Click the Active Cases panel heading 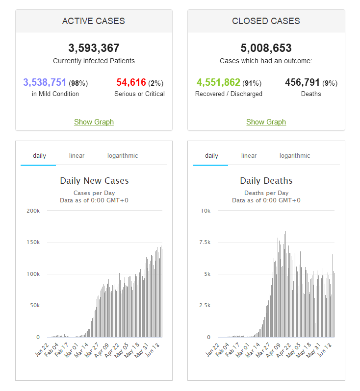pyautogui.click(x=94, y=21)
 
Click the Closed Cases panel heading pyautogui.click(x=266, y=21)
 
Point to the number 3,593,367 pyautogui.click(x=94, y=48)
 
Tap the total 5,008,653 pyautogui.click(x=266, y=48)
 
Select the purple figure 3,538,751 pyautogui.click(x=45, y=82)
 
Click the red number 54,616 pyautogui.click(x=131, y=82)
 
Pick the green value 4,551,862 pyautogui.click(x=218, y=82)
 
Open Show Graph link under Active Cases pyautogui.click(x=94, y=122)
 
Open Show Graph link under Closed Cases pyautogui.click(x=266, y=122)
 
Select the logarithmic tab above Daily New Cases pyautogui.click(x=123, y=156)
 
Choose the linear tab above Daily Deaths pyautogui.click(x=249, y=156)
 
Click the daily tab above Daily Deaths pyautogui.click(x=211, y=156)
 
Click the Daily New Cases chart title pyautogui.click(x=94, y=181)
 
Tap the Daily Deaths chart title pyautogui.click(x=266, y=181)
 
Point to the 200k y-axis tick pyautogui.click(x=33, y=211)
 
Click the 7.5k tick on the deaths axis pyautogui.click(x=205, y=243)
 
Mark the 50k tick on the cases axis pyautogui.click(x=34, y=306)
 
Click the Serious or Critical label pyautogui.click(x=139, y=94)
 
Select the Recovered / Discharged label pyautogui.click(x=229, y=94)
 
